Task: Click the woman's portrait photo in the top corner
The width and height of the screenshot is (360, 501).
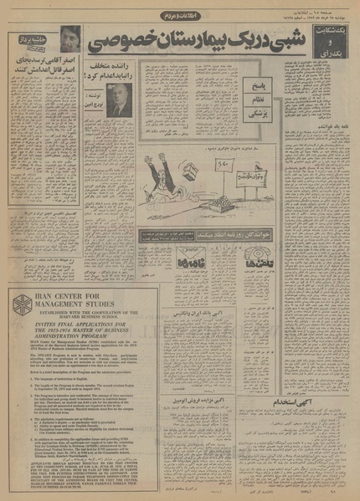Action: pos(69,39)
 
